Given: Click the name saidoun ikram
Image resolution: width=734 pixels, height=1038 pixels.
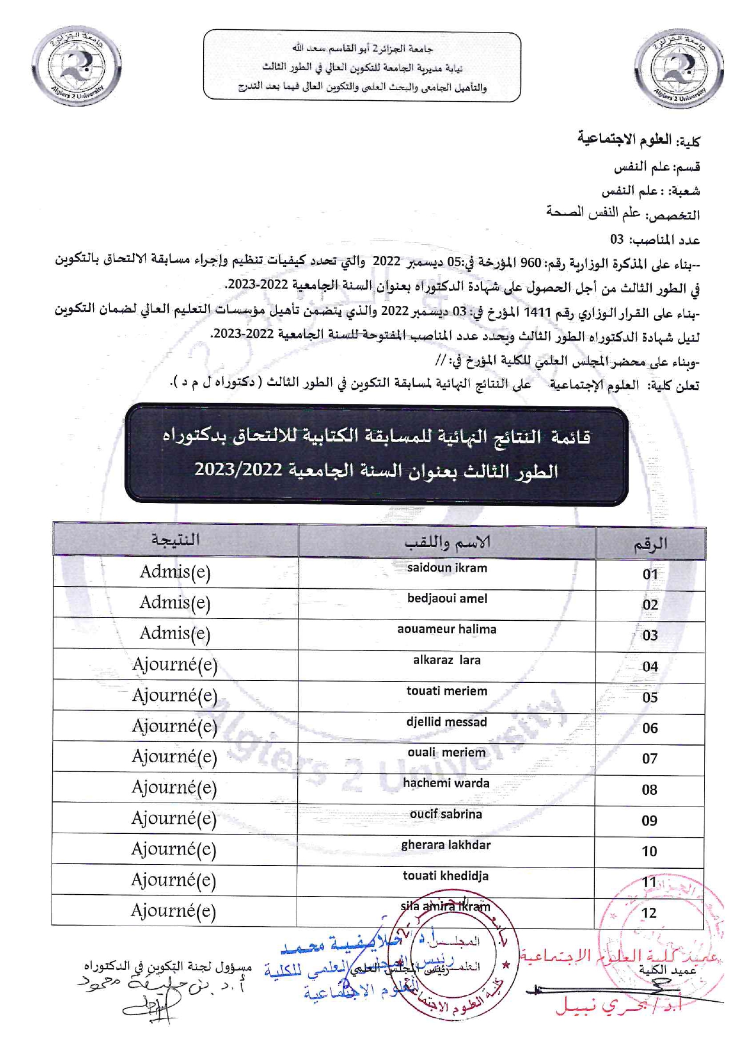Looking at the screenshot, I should click(x=447, y=568).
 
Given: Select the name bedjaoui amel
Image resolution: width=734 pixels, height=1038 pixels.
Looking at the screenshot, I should click(x=447, y=599).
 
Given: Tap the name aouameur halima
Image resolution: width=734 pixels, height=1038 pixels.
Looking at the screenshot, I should click(x=446, y=630).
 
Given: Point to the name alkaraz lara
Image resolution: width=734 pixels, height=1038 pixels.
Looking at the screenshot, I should click(x=446, y=660).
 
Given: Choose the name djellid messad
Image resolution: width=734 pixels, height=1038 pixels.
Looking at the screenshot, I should click(x=446, y=722).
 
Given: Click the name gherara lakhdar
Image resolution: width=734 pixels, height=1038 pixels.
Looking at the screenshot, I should click(x=446, y=845).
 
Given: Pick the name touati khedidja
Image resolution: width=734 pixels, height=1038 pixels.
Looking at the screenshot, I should click(x=446, y=876).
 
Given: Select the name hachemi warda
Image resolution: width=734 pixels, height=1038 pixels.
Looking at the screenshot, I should click(x=446, y=784).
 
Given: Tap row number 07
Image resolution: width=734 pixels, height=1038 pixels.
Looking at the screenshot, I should click(x=649, y=759).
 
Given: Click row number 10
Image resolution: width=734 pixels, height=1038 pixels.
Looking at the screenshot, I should click(x=649, y=852).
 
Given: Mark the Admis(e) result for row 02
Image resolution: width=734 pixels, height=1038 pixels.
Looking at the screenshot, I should click(x=175, y=603).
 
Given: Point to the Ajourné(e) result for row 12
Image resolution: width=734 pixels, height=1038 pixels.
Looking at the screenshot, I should click(x=173, y=911).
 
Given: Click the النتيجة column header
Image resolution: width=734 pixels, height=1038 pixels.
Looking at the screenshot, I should click(x=176, y=540).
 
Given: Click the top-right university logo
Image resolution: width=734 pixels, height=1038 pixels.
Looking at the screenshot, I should click(x=678, y=70).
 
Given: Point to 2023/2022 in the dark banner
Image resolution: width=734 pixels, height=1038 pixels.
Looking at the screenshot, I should click(x=238, y=470).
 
